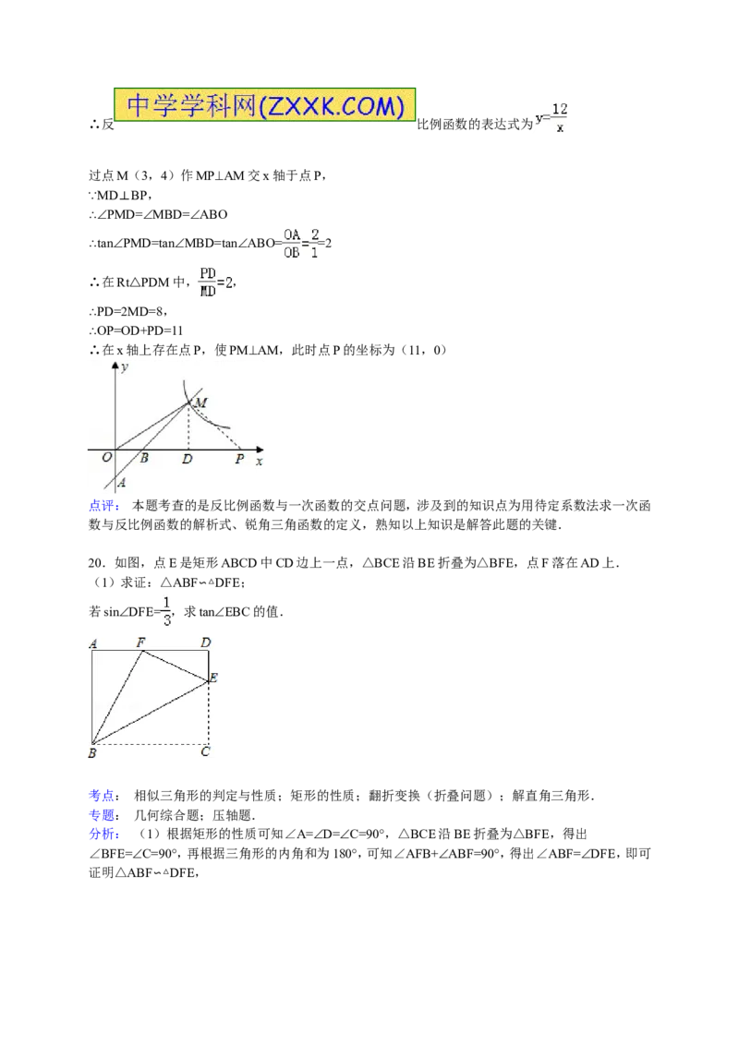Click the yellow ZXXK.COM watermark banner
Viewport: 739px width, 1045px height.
tap(265, 104)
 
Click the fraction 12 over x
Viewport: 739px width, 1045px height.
tap(560, 118)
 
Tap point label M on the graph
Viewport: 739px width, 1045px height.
tap(200, 402)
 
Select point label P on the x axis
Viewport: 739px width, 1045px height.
tap(239, 459)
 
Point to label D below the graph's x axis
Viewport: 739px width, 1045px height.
tap(188, 459)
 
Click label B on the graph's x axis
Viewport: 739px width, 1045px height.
tap(144, 458)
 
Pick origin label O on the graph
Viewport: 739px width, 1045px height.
tap(107, 458)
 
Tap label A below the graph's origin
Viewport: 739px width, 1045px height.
tap(121, 483)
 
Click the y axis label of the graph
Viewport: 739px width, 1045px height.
tap(125, 367)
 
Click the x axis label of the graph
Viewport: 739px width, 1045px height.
tap(260, 461)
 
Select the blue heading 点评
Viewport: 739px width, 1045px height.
tap(104, 506)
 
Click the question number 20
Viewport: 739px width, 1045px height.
tap(97, 563)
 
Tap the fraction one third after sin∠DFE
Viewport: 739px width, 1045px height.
tap(167, 611)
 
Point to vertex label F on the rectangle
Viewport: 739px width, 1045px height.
tap(140, 643)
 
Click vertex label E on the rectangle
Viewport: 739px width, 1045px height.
tap(213, 678)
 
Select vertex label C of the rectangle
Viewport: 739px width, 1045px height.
tap(205, 751)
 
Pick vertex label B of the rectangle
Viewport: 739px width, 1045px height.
tap(92, 753)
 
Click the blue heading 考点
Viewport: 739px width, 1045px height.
tap(104, 796)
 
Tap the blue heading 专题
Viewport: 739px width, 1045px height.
tap(104, 815)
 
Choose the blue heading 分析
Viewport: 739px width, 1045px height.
tap(104, 835)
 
